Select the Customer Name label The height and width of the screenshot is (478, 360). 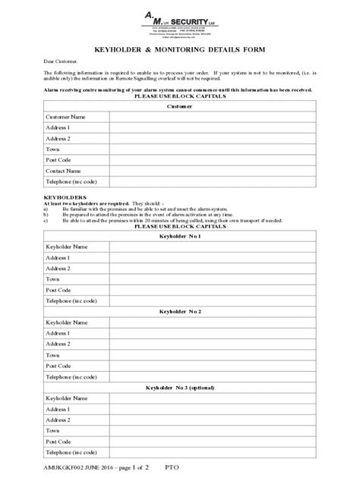[x=66, y=118]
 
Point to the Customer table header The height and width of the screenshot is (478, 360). [x=179, y=106]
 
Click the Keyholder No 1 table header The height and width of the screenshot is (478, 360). [x=179, y=236]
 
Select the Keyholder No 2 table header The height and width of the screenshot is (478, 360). [x=179, y=311]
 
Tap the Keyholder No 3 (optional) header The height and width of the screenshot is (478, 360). [x=179, y=387]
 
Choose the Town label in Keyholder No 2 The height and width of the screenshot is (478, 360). [x=53, y=354]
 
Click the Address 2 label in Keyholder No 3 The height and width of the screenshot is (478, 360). [x=58, y=420]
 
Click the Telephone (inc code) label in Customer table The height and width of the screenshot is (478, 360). [x=71, y=182]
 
